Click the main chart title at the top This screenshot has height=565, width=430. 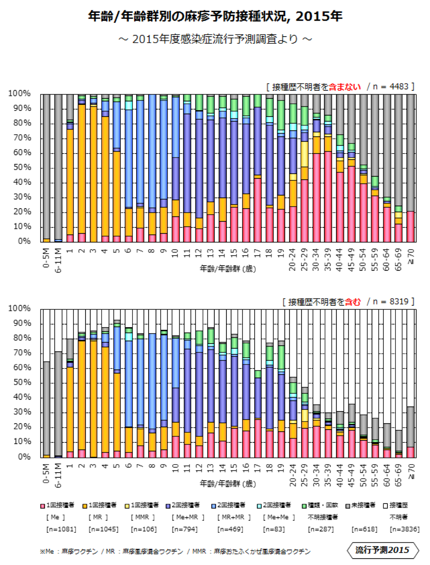[215, 16]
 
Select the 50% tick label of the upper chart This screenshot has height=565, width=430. [20, 168]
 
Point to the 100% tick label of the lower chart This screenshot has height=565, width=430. [19, 308]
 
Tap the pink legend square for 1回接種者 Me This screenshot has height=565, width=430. [43, 506]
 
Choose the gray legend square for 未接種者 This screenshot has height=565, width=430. [348, 506]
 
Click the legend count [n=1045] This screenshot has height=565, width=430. [103, 529]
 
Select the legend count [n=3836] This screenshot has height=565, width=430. [404, 529]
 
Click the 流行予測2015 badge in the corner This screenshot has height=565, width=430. [382, 550]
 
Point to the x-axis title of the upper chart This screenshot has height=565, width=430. [228, 269]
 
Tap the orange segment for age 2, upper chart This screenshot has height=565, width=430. [82, 168]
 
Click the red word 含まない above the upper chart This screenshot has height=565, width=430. [345, 87]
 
